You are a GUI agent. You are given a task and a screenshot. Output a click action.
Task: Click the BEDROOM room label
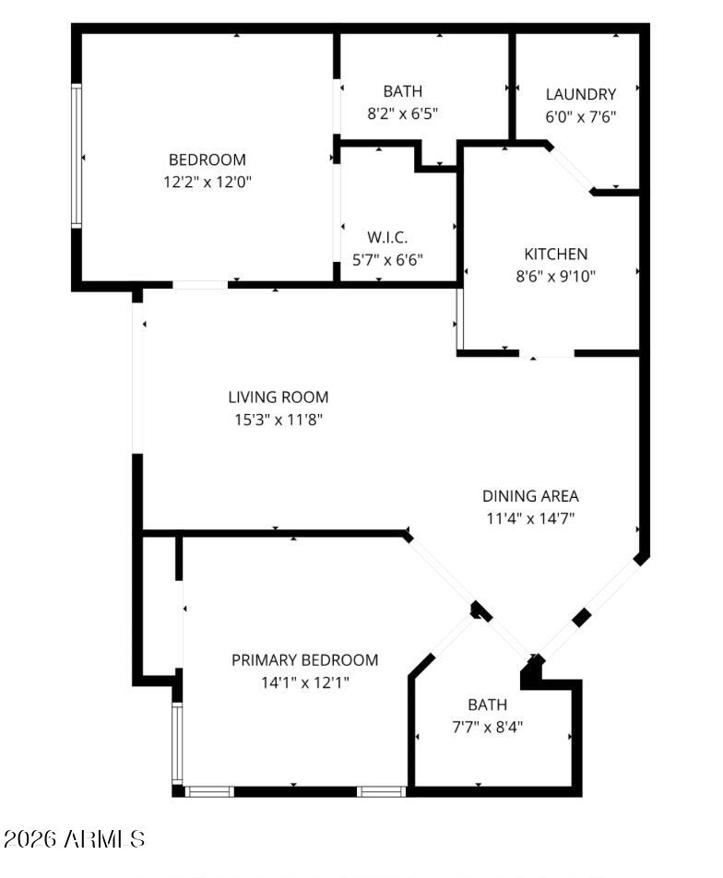coord(207,160)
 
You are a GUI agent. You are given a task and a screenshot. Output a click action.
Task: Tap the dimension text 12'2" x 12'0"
coord(207,182)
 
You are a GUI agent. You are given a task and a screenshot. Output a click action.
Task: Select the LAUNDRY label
coord(581,94)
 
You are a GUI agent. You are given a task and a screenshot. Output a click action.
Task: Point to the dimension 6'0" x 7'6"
coord(581,117)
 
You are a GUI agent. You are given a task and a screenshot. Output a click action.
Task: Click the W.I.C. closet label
coord(387,237)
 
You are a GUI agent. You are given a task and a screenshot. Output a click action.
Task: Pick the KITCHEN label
coord(555,255)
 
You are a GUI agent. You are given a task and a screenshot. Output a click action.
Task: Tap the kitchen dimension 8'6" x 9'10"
coord(555,277)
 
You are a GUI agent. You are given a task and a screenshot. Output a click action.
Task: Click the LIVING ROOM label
coord(278,397)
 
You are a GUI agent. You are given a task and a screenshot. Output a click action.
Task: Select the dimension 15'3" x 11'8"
coord(279,420)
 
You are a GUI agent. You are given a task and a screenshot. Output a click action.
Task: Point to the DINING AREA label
coord(530,496)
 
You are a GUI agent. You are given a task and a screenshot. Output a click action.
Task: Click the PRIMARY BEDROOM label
coord(304,660)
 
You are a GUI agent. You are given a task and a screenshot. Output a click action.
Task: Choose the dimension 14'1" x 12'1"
coord(304,683)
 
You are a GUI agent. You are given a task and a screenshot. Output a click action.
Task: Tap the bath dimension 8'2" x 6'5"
coord(402,113)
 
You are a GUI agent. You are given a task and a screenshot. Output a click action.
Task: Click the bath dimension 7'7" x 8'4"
coord(487,728)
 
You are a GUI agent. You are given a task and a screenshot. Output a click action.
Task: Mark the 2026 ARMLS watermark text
coord(75,839)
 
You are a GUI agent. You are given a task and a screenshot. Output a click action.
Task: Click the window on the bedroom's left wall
coord(77,156)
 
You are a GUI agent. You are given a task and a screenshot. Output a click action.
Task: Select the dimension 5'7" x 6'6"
coord(387,260)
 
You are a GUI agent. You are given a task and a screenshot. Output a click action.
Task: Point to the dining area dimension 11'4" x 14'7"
coord(530,518)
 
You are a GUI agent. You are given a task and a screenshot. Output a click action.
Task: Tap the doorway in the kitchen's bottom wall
coord(547,353)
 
